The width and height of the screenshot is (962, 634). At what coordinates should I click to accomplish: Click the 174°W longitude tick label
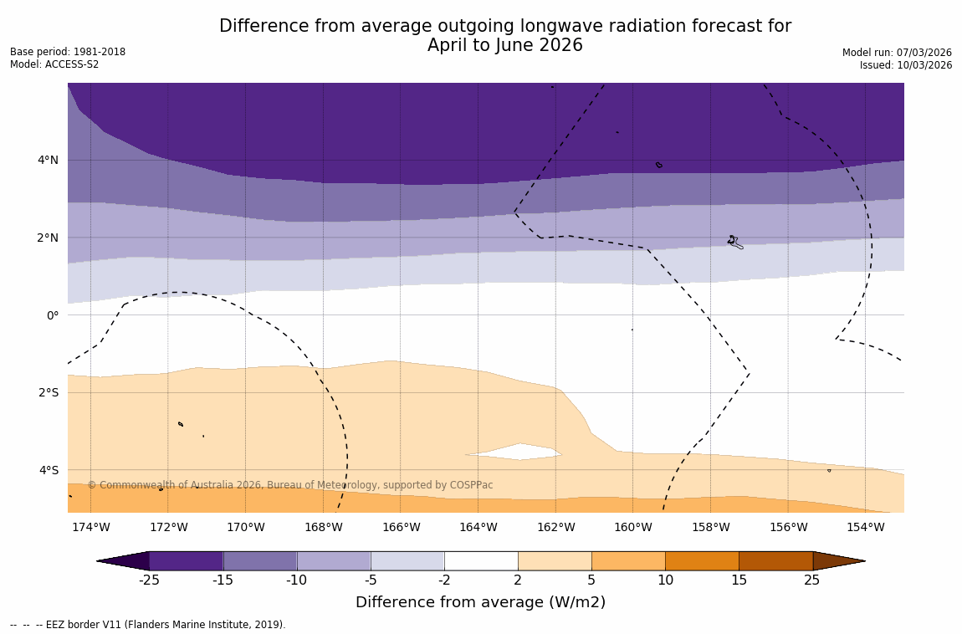(x=90, y=527)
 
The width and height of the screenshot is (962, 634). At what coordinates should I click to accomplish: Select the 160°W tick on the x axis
(x=632, y=527)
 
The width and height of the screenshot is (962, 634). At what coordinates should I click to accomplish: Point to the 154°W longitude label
(x=865, y=527)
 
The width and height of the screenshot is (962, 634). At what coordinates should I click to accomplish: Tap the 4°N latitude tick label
(x=47, y=160)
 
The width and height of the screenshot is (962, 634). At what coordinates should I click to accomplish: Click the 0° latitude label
(x=52, y=315)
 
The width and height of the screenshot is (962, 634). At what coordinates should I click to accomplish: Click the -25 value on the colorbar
(x=149, y=580)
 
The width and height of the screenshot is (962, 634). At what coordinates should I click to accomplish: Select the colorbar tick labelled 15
(x=739, y=580)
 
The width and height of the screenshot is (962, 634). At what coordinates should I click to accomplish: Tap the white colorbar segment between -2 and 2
(x=481, y=560)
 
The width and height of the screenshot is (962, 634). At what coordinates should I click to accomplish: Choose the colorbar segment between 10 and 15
(x=702, y=560)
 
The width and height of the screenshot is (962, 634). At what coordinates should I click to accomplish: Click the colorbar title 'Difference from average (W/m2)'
(x=480, y=602)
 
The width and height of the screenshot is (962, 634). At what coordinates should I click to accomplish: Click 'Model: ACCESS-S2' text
(x=54, y=64)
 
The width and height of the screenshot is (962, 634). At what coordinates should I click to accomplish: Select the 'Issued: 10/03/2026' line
(x=906, y=65)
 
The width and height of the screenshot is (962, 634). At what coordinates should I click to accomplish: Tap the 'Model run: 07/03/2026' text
(x=897, y=53)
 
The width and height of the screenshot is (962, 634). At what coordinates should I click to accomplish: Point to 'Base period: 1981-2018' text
(x=68, y=52)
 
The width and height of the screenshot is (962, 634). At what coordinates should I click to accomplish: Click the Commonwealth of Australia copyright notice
(x=290, y=485)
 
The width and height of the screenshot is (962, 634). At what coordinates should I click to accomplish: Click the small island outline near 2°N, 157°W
(x=734, y=242)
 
